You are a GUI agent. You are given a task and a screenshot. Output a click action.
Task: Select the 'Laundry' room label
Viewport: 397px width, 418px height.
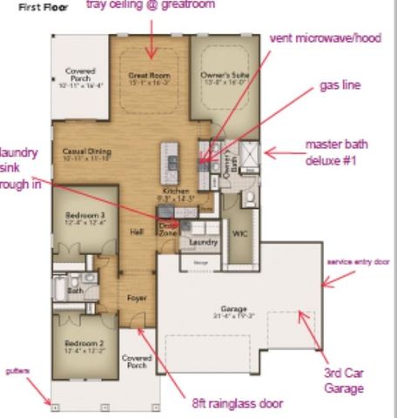click(203, 242)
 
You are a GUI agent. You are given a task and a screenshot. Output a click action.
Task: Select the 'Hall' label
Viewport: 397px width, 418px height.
click(137, 233)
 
